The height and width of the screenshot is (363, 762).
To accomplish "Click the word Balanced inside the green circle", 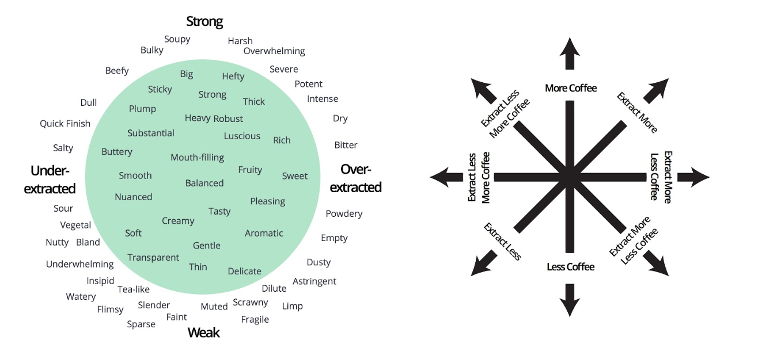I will click(x=204, y=183).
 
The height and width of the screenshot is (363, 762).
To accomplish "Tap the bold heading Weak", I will click(x=204, y=333).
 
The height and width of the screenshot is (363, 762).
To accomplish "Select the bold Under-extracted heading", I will click(x=50, y=179).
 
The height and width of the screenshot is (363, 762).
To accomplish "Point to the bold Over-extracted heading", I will click(x=355, y=178).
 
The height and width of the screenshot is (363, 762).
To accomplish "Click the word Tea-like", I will click(x=134, y=289).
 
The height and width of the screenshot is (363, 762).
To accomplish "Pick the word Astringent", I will click(x=314, y=281).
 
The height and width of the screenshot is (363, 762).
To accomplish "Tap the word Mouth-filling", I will click(x=197, y=157).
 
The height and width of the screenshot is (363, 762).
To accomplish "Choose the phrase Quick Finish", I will click(x=65, y=123).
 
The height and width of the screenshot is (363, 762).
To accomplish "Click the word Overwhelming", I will click(x=274, y=51).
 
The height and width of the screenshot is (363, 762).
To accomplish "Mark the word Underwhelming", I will click(x=80, y=264).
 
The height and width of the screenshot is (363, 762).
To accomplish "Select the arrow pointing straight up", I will click(x=570, y=54).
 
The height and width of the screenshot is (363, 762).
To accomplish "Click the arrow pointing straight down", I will click(x=570, y=300).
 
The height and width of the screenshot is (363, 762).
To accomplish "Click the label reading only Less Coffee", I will click(x=570, y=267).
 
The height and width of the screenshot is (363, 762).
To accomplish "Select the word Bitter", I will click(x=346, y=145).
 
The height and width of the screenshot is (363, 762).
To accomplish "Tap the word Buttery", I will click(x=117, y=152).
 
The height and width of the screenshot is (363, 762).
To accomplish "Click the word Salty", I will click(x=63, y=148).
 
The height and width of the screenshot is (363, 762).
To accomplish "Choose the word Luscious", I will click(x=242, y=136).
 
